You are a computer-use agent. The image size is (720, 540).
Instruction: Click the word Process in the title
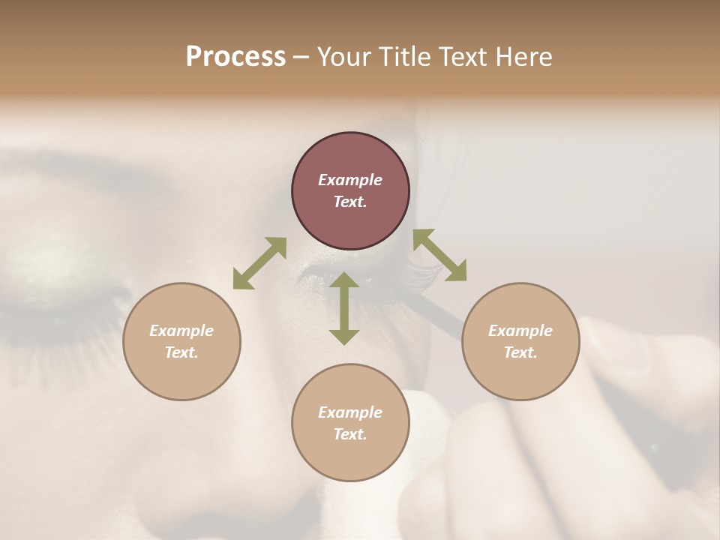(x=235, y=57)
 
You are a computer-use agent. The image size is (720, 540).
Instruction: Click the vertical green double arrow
(x=344, y=308)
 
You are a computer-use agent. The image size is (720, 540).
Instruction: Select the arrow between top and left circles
(x=259, y=262)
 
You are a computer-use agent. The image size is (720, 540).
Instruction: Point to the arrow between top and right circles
(x=439, y=255)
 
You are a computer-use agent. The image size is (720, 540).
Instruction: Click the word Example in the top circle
(x=350, y=180)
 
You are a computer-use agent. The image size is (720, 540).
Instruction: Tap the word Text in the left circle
(x=181, y=352)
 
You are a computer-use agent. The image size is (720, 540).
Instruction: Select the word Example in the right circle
(x=520, y=331)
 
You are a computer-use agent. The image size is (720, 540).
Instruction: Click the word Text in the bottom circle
(x=350, y=434)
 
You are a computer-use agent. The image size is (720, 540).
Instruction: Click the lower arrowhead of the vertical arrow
(x=344, y=337)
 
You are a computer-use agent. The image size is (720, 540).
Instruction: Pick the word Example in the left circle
(x=181, y=331)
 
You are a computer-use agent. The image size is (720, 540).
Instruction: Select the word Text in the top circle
(x=350, y=202)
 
